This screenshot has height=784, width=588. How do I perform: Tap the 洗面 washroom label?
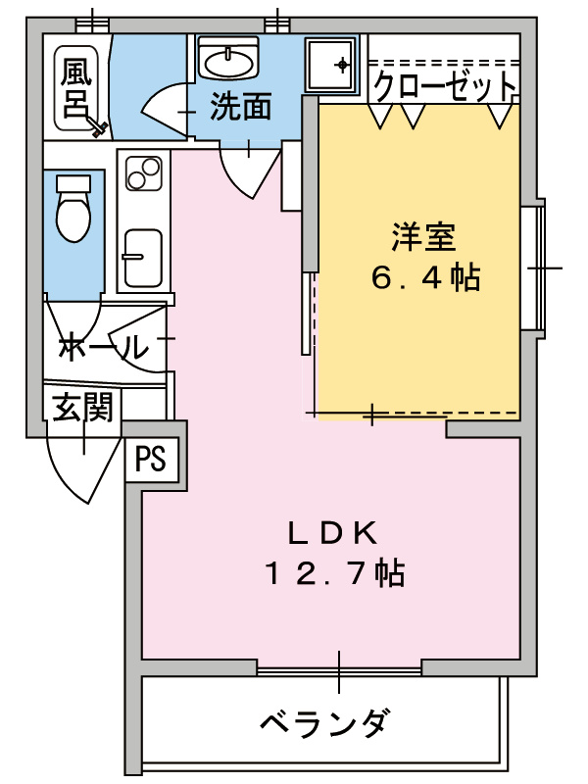[240, 107]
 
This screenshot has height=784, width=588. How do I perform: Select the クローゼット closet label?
[444, 86]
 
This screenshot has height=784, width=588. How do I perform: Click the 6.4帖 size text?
[424, 279]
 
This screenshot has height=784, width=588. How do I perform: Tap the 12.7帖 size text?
[333, 573]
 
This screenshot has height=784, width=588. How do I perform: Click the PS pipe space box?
[151, 459]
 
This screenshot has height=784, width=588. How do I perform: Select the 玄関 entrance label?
[82, 406]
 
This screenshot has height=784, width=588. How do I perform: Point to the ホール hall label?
[103, 346]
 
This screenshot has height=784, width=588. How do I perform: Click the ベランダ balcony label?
[324, 725]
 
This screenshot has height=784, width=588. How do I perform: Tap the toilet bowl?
[73, 209]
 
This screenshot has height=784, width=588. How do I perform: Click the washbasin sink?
[228, 60]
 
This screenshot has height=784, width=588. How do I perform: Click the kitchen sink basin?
[143, 258]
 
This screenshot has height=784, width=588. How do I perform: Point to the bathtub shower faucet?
[97, 125]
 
